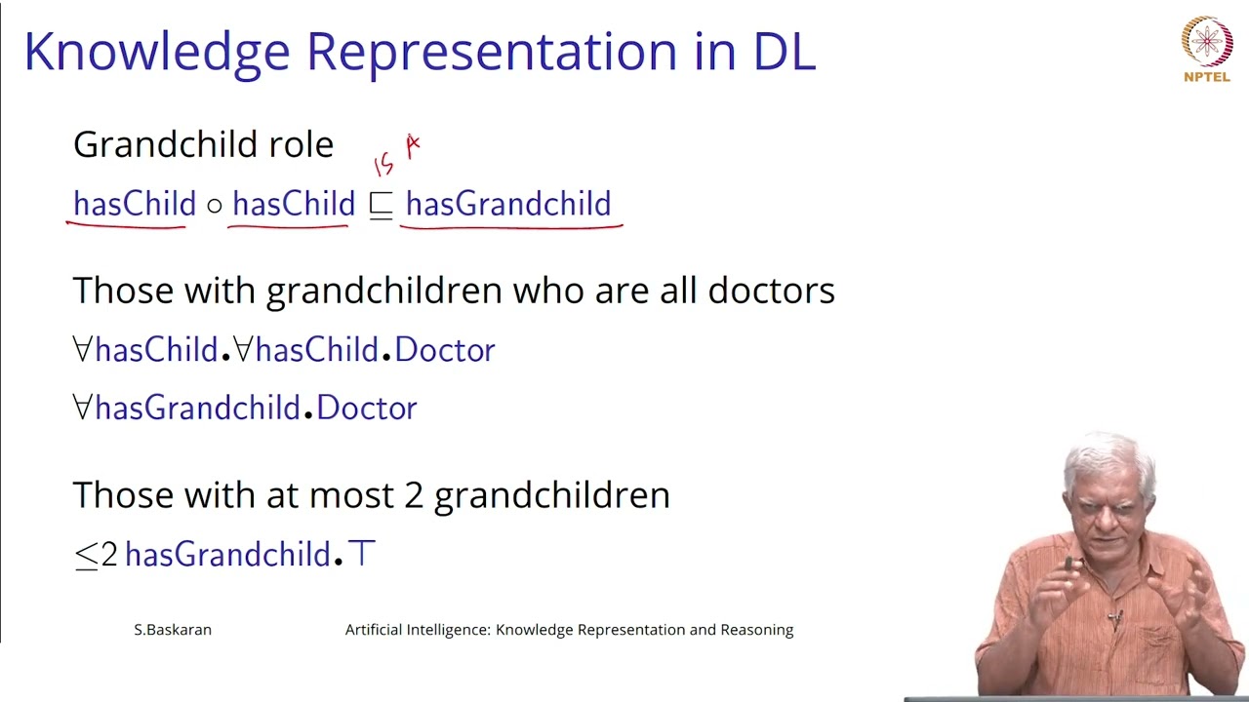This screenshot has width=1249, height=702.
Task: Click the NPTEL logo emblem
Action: (x=1207, y=41)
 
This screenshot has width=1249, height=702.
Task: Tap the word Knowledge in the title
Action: (x=157, y=53)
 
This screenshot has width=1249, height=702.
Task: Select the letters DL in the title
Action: (x=785, y=52)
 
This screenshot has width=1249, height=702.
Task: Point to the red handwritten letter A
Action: (x=413, y=146)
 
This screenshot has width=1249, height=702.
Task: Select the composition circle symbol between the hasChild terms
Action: (x=214, y=206)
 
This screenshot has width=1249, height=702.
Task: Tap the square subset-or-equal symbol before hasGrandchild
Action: (x=381, y=206)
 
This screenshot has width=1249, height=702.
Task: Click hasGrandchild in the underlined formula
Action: (x=508, y=203)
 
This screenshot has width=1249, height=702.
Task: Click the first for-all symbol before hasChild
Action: (x=82, y=349)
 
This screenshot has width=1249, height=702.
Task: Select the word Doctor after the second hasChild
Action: (x=444, y=350)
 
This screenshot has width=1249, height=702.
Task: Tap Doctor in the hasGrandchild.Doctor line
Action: (x=366, y=408)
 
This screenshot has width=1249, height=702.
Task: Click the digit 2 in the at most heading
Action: (x=413, y=495)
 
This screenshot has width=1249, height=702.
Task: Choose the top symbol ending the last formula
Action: (x=361, y=554)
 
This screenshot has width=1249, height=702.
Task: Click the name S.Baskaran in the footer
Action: (x=173, y=630)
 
